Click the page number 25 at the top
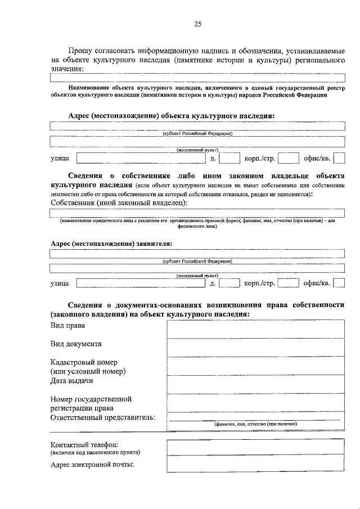[197, 24]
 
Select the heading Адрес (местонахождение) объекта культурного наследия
[171, 115]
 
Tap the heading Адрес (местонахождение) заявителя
[111, 243]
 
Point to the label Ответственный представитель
[102, 417]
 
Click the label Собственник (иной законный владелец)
[119, 202]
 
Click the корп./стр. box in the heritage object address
[287, 159]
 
